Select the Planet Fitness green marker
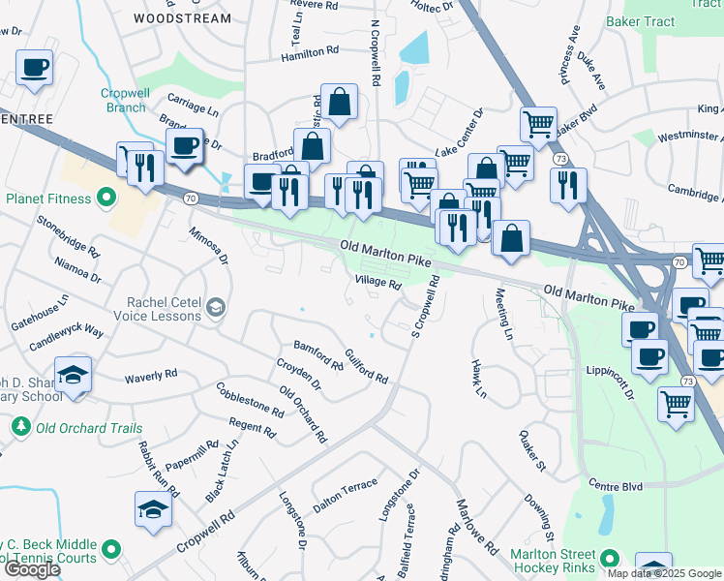point(106,199)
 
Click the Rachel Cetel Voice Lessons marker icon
point(214,309)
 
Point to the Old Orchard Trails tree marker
point(20,427)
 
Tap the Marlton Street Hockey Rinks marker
point(610,559)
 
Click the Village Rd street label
point(377,283)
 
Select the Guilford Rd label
point(366,365)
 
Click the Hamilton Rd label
point(310,54)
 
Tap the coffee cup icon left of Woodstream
point(35,68)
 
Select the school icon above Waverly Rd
point(74,375)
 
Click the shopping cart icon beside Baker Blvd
point(538,123)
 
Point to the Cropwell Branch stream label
point(123,100)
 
